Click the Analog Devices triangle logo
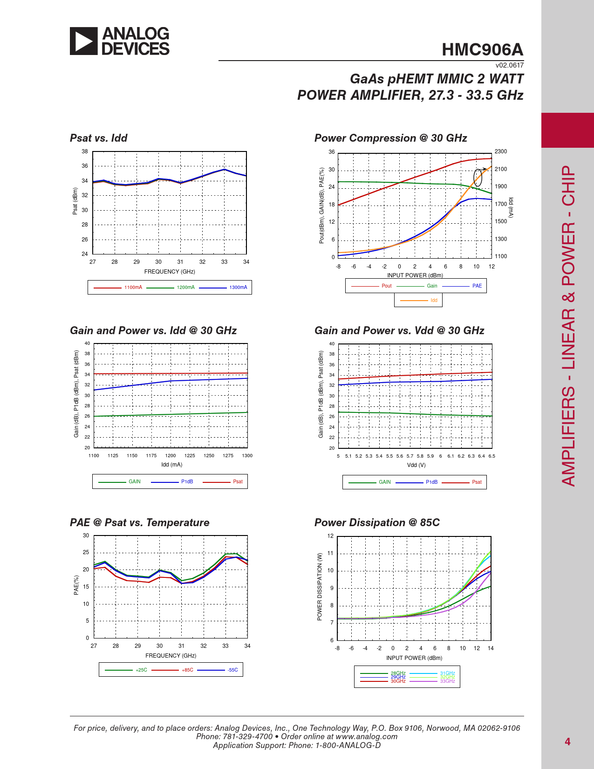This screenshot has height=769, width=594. [x=84, y=41]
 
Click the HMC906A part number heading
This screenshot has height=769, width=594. [x=482, y=50]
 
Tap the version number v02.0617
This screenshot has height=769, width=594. [x=509, y=66]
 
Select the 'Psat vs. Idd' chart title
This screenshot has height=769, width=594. [x=98, y=138]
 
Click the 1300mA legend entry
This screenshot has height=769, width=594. [x=238, y=288]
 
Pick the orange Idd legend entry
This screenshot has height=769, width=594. [x=434, y=301]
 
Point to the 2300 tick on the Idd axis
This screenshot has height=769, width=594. [x=501, y=151]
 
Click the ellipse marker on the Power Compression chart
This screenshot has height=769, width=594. [x=478, y=178]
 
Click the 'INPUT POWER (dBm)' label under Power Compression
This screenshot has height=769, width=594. [x=415, y=275]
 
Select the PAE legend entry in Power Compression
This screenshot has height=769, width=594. [x=477, y=286]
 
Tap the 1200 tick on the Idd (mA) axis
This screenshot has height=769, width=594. [x=171, y=456]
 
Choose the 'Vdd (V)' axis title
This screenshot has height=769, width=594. [x=416, y=465]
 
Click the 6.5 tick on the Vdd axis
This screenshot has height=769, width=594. [x=492, y=456]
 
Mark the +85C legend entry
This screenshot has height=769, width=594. [x=187, y=670]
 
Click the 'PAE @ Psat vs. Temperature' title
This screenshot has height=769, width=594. [x=139, y=522]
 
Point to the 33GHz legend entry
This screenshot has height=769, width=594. [x=447, y=681]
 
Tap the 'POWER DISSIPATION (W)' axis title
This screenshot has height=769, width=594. [x=320, y=587]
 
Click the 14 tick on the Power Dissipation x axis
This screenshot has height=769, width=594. [x=491, y=648]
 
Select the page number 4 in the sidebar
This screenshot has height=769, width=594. [x=567, y=742]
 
